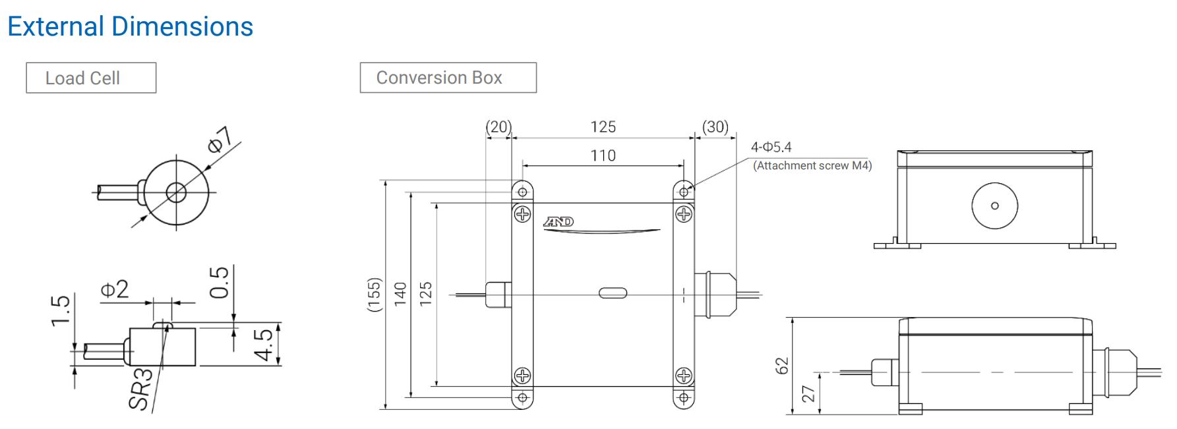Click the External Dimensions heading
(130, 27)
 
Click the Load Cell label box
(91, 78)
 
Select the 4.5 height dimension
(264, 344)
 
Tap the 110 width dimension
(603, 156)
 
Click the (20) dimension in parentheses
(498, 127)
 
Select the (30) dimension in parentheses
(715, 127)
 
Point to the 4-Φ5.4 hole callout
(771, 147)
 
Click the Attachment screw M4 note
(812, 165)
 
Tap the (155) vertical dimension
(374, 295)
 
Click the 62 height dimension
(782, 365)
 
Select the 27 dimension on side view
(808, 393)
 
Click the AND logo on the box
(558, 221)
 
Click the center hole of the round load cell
(176, 192)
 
